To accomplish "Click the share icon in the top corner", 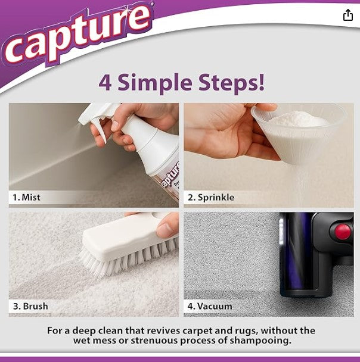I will [x=348, y=15].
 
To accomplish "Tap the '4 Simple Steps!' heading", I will [x=181, y=82].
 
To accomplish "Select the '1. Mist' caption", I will [x=27, y=197].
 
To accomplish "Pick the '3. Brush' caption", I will [x=30, y=306].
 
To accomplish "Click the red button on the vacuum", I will [x=343, y=232].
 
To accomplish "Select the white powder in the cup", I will [x=298, y=119].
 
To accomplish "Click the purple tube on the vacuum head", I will [x=297, y=262].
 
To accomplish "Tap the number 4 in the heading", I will [x=105, y=83].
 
